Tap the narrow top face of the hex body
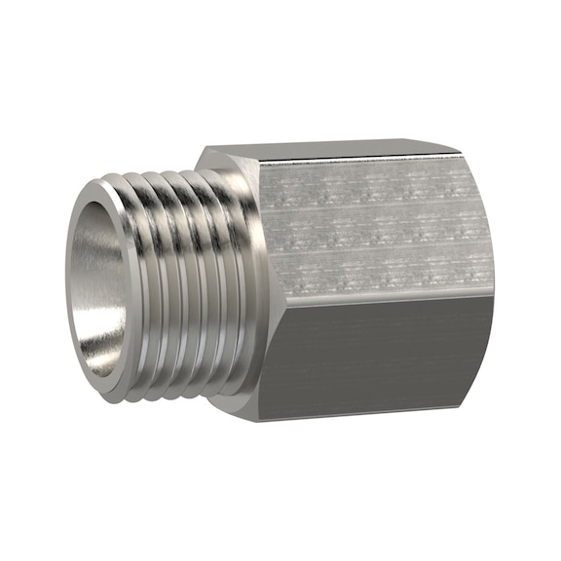[x=331, y=151]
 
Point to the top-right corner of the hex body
[x=461, y=153]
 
